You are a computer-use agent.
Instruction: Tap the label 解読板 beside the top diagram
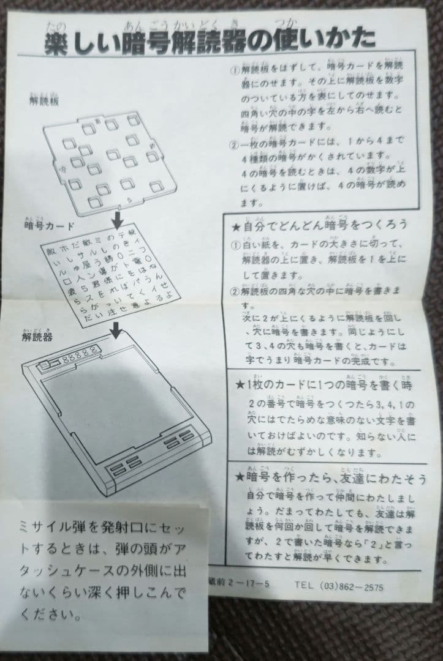pos(45,102)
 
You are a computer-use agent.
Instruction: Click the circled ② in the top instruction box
pos(235,145)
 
